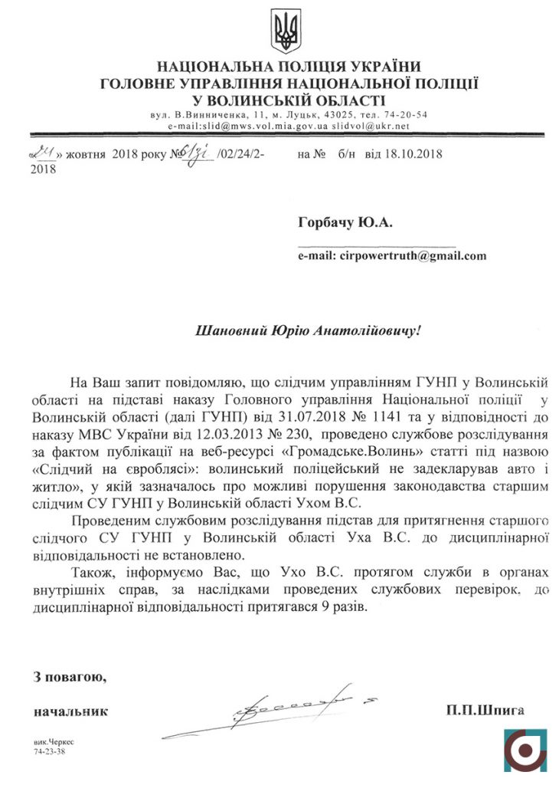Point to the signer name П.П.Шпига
[487, 711]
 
